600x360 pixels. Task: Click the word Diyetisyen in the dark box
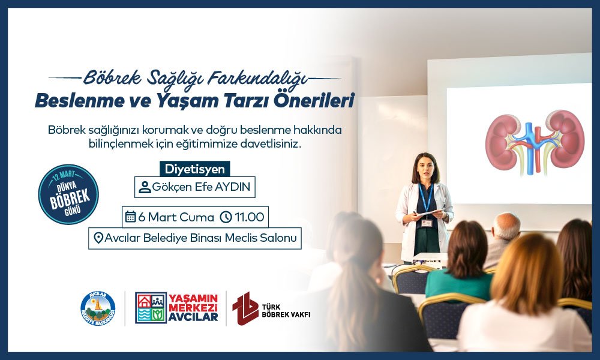pos(195,169)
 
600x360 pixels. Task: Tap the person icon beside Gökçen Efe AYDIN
pos(145,187)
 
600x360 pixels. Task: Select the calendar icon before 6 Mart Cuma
pos(130,217)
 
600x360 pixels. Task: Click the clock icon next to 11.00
pos(226,217)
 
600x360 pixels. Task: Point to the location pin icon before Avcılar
pos(98,238)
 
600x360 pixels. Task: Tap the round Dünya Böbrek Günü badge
pos(68,194)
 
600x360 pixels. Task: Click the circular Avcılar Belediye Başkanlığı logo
pos(97,308)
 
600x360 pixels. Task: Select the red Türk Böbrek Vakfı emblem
pos(245,308)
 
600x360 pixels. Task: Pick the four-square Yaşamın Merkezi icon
pos(151,308)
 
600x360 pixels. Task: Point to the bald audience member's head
pos(505,226)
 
